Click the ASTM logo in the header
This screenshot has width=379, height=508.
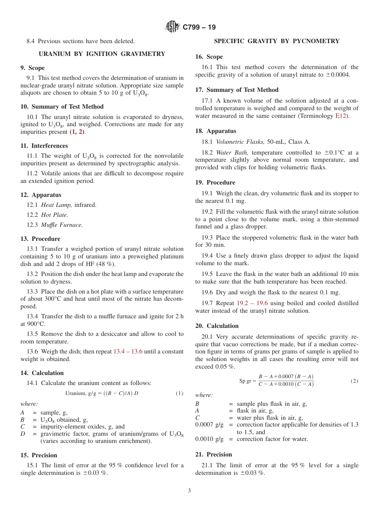(173, 27)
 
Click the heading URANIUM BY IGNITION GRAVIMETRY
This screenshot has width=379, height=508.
(102, 54)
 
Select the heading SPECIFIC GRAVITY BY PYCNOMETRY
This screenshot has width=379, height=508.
(276, 41)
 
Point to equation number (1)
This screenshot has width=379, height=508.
(180, 393)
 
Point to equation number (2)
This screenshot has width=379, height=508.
(354, 381)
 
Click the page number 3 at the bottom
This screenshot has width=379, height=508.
(189, 491)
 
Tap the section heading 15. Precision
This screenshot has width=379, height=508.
(39, 455)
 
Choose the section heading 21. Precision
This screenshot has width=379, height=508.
(213, 454)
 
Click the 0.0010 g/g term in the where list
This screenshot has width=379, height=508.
(209, 439)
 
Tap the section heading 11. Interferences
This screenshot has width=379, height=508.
(44, 146)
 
